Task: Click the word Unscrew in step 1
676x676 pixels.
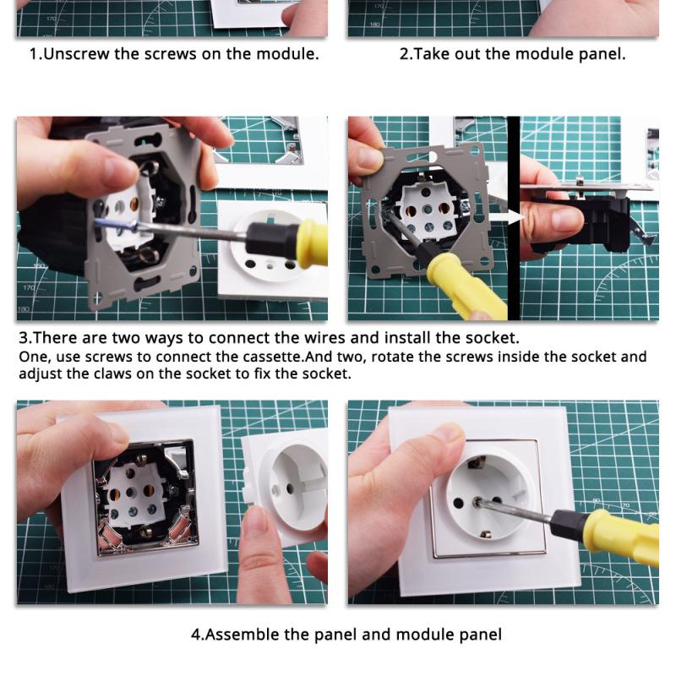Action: [x=77, y=54]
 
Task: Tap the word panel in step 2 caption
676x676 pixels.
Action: [x=602, y=54]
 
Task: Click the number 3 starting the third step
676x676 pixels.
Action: [x=24, y=337]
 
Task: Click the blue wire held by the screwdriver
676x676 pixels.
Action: [x=114, y=225]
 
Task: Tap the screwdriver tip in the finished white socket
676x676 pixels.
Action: [x=477, y=501]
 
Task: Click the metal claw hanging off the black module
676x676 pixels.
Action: [x=642, y=233]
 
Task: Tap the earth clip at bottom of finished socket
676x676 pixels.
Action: [x=484, y=535]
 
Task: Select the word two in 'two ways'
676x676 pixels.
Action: [x=126, y=337]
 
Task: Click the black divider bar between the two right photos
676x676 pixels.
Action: [x=514, y=218]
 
